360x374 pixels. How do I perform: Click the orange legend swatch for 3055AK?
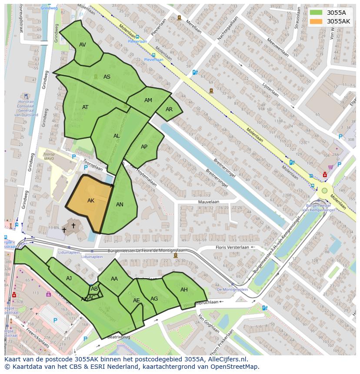[x=316, y=21]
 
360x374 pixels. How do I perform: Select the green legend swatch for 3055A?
[x=316, y=13]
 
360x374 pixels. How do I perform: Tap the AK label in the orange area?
[x=91, y=201]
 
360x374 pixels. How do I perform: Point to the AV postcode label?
[x=83, y=45]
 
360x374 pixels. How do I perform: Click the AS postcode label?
[x=107, y=77]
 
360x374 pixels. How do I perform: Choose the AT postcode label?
[x=85, y=107]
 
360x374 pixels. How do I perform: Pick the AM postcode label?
[x=148, y=100]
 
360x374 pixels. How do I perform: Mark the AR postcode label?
[x=169, y=109]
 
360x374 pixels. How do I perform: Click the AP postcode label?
[x=144, y=147]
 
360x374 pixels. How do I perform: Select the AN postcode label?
[x=120, y=205]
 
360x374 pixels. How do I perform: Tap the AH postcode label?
[x=184, y=290]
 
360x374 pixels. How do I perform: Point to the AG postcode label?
[x=154, y=299]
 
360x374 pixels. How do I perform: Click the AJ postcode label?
[x=69, y=278]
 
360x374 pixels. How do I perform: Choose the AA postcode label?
[x=114, y=279]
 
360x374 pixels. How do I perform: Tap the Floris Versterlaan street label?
[x=232, y=248]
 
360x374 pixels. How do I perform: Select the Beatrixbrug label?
[x=119, y=337]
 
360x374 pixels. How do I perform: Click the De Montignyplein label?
[x=232, y=289]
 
